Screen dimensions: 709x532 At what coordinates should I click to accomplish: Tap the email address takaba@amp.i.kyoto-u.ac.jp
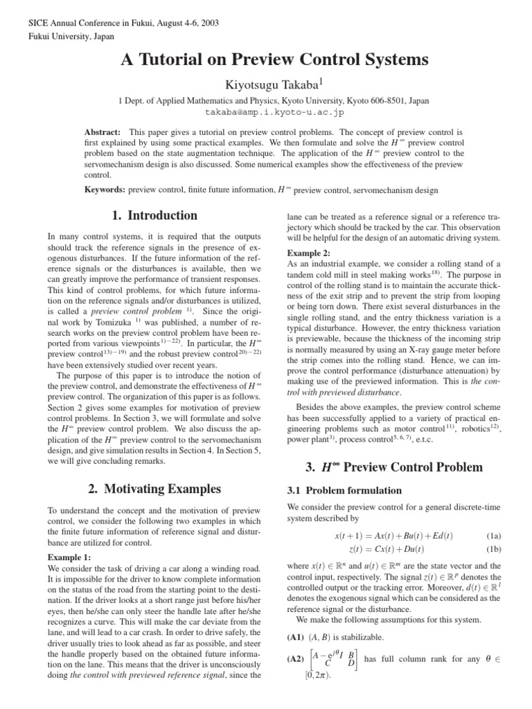[x=265, y=111]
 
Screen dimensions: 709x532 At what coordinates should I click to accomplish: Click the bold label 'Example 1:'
[x=69, y=557]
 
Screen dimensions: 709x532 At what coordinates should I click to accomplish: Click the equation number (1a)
[x=475, y=535]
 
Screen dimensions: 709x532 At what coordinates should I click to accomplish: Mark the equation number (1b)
[x=475, y=548]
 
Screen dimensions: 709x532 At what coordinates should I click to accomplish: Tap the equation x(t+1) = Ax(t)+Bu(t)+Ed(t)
[x=393, y=535]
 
